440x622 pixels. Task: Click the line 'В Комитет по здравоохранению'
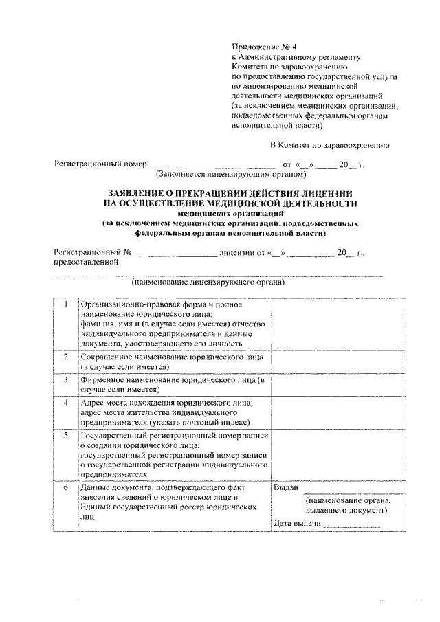click(329, 145)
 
